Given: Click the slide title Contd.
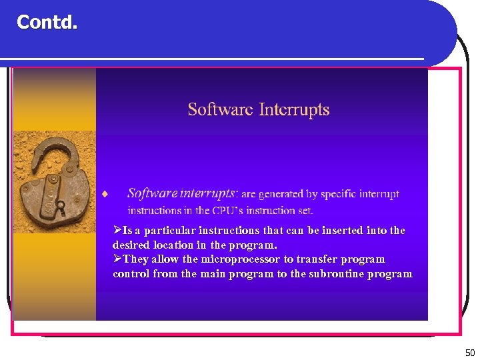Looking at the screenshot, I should click(47, 23).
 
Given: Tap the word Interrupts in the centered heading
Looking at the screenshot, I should click(294, 109).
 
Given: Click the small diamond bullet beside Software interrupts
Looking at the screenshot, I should click(105, 195).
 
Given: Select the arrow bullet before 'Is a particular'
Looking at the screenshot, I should click(117, 230).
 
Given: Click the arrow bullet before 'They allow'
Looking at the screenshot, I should click(117, 259).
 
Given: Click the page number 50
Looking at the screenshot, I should click(470, 353).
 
